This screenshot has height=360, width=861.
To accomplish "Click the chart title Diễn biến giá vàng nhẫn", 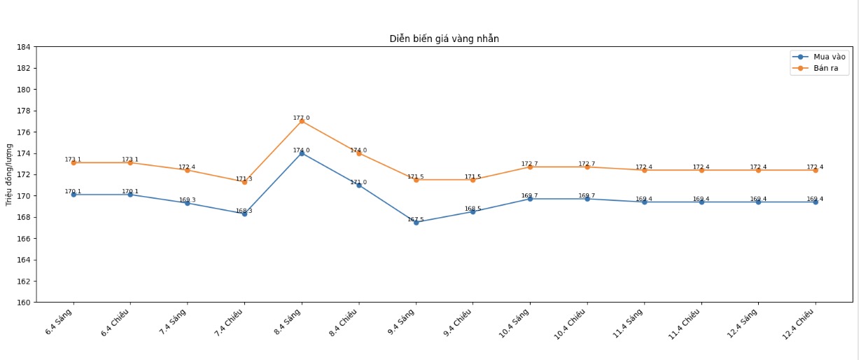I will pos(444,39).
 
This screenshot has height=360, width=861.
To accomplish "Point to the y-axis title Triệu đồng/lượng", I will pos(10,174).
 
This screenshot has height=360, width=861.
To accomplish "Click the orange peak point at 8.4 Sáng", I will pos(302,121).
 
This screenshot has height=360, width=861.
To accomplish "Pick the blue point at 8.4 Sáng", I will pos(302,153).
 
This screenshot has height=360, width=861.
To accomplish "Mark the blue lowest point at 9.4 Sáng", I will pos(416,222).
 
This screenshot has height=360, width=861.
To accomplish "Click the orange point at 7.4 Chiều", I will pos(244,181).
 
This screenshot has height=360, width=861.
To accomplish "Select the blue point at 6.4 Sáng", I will pos(73,195).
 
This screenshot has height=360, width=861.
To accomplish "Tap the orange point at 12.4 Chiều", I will pos(815,170).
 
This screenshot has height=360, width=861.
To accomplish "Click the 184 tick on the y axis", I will pos(23,47).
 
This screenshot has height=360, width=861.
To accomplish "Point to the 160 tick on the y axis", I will pos(23,303).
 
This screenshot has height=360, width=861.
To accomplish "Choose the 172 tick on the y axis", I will pos(23,174).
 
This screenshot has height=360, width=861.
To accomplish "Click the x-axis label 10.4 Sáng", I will pos(515,324).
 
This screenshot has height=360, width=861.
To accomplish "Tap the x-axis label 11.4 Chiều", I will pos(686,325).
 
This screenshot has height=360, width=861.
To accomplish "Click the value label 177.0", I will pos(302,118).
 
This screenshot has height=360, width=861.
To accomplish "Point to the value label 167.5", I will pos(416,219).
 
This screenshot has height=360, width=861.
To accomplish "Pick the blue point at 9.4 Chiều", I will pos(472,212).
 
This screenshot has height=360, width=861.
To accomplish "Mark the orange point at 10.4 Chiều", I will pos(587,167).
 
